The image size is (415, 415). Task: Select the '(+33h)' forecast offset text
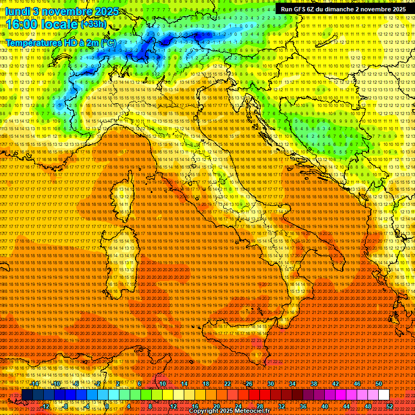93,24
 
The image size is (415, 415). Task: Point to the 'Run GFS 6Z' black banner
344,9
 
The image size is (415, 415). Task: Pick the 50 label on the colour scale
378,383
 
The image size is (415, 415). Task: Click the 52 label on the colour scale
390,406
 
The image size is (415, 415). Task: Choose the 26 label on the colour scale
249,383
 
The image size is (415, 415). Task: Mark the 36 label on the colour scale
303,406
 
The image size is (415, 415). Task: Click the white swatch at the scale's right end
384,395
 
